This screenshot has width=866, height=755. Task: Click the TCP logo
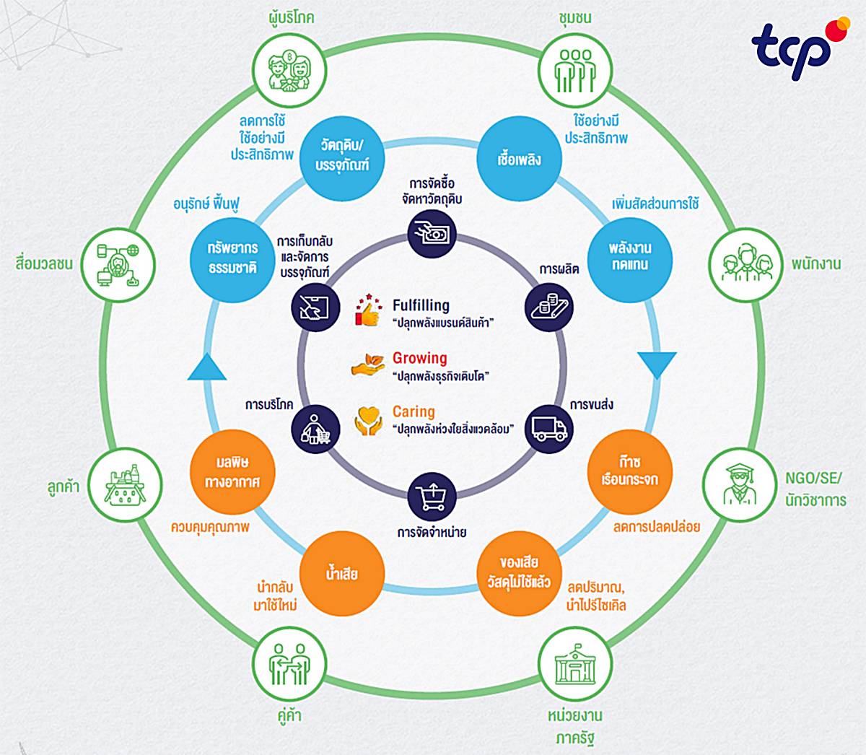point(800,48)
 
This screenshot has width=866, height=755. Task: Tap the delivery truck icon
point(549,429)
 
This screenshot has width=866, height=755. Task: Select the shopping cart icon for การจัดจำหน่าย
point(432,497)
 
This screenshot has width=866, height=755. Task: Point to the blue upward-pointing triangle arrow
point(207,367)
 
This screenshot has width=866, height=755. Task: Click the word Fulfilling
point(421,305)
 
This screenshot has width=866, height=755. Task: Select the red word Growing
point(419,358)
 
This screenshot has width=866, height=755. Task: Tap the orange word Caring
point(414,411)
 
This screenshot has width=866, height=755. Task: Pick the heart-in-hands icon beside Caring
point(368,421)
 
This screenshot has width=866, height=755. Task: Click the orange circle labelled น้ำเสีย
point(342,573)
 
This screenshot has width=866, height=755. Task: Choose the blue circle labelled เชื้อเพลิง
point(519,159)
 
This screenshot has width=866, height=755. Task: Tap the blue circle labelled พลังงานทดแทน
point(629,260)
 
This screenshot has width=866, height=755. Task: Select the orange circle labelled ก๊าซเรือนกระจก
point(629,472)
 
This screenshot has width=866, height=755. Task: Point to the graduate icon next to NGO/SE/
point(740,484)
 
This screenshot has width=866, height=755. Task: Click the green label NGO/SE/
point(814,479)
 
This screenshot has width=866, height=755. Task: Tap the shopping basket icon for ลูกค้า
point(126,485)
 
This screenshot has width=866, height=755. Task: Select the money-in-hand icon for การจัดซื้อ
point(432,234)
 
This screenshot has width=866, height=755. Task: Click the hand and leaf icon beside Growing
point(368,364)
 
